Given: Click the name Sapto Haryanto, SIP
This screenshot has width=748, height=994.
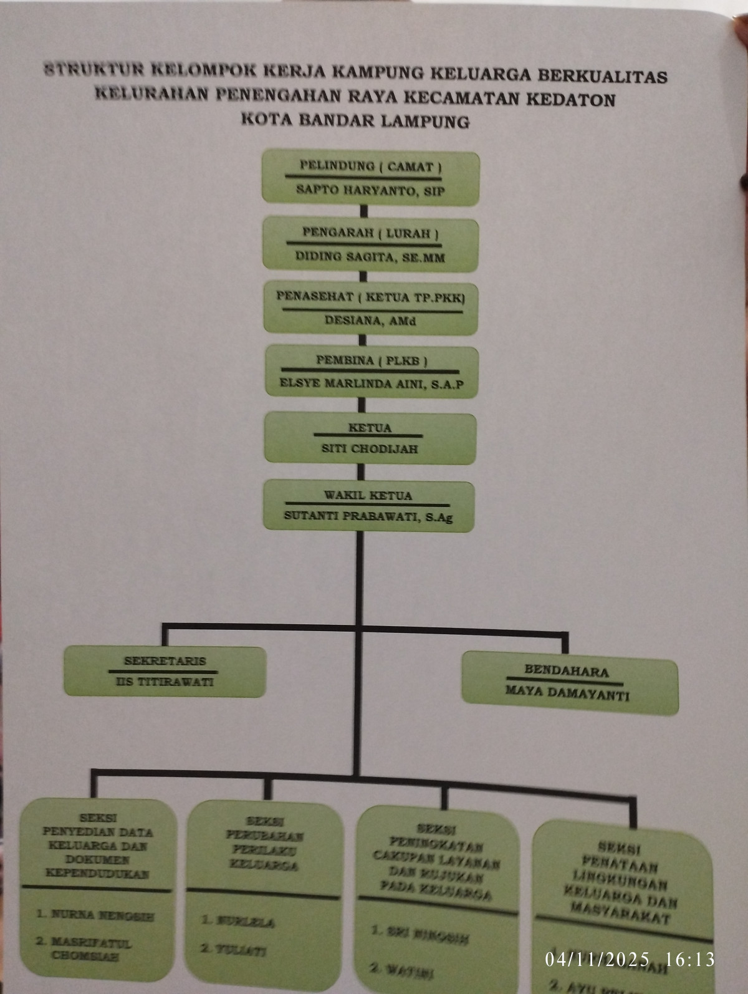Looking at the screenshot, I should (x=370, y=190).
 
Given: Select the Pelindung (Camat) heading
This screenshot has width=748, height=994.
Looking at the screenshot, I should (x=370, y=166).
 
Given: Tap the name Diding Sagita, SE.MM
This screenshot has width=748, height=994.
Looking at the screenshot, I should (x=370, y=256).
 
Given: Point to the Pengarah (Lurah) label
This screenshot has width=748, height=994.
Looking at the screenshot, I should (x=370, y=233).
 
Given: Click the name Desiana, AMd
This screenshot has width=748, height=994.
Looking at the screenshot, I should (x=370, y=321).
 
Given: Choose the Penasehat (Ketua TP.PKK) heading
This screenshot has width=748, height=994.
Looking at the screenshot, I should (x=370, y=297).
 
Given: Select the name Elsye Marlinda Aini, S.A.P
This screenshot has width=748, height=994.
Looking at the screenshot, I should (x=371, y=384).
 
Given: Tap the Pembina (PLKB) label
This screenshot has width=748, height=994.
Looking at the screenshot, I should (x=371, y=360).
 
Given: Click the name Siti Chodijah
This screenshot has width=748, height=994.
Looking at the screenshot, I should (x=370, y=448).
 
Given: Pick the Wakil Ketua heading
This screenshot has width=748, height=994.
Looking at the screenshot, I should (x=368, y=496).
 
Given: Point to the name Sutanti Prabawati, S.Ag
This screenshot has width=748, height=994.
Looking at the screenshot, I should (x=368, y=516).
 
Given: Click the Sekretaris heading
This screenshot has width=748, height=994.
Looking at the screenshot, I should (x=165, y=661).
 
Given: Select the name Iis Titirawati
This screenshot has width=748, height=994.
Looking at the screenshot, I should (x=165, y=682).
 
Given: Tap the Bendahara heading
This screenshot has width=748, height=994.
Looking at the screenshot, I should (x=566, y=671).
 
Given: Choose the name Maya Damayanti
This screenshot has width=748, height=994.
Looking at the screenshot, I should (x=567, y=693).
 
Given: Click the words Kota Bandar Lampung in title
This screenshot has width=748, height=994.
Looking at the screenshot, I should (x=355, y=120).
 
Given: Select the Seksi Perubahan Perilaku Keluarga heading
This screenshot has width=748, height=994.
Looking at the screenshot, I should (x=264, y=843).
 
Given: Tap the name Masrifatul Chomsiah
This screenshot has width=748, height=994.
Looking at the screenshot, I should (x=84, y=948).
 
